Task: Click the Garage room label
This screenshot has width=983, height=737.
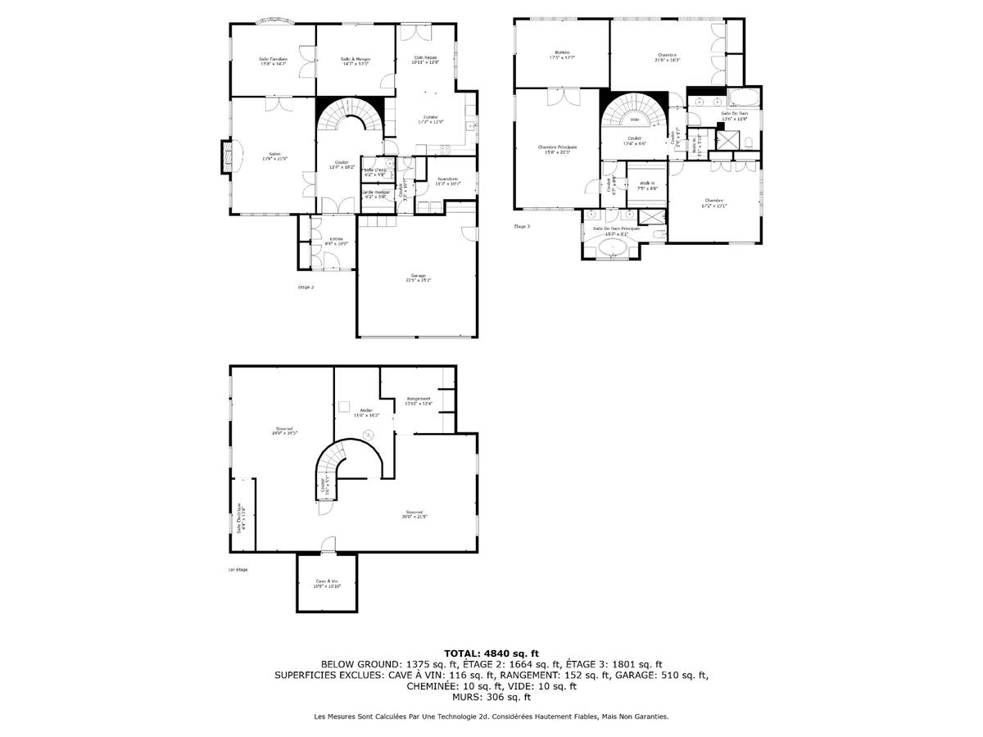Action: point(418,277)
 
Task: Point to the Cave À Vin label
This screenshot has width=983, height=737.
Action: point(328,584)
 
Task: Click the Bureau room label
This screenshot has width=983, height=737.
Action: point(562,54)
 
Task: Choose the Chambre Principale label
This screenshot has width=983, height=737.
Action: point(558,149)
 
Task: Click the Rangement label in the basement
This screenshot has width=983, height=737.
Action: point(419,400)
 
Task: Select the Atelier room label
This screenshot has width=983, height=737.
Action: point(366,412)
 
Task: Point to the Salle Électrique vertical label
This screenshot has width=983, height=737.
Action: point(240,518)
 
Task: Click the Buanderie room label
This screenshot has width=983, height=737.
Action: point(448,180)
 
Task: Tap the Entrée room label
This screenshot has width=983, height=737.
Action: point(337,241)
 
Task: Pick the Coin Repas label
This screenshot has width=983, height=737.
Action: point(426,59)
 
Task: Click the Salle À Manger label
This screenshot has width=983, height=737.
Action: point(356,61)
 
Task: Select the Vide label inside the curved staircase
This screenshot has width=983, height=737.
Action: point(634,120)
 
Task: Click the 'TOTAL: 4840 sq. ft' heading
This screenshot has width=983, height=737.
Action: point(491,653)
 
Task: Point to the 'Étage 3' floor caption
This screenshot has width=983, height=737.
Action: point(522,226)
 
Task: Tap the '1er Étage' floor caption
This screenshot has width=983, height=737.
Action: point(238,569)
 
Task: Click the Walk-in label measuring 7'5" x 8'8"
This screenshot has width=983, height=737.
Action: point(647,185)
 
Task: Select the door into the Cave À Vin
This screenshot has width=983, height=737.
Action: point(328,545)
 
